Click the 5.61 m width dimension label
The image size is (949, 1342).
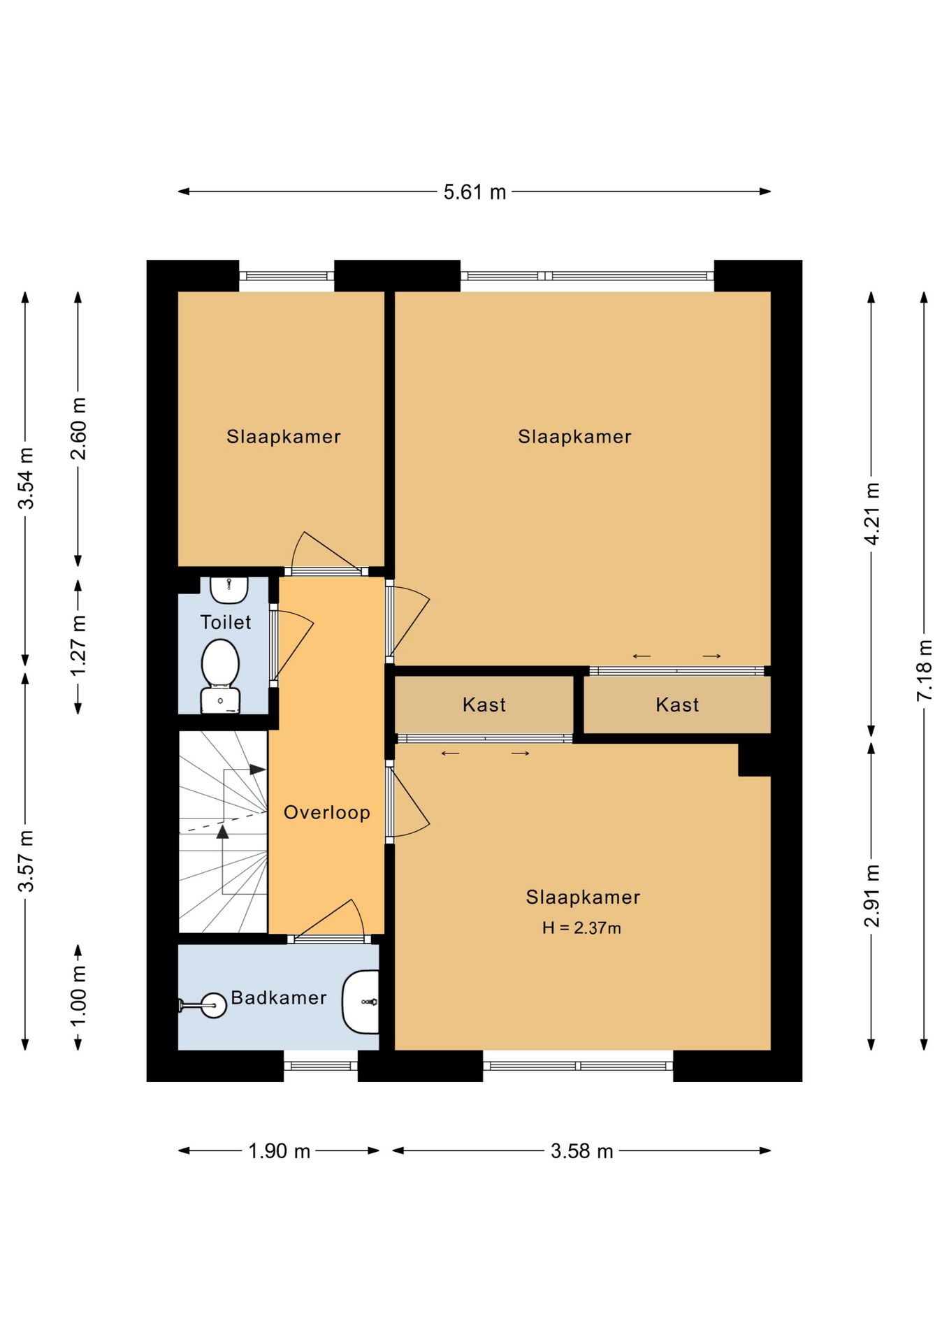point(474,192)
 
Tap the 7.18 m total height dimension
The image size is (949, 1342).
point(925,670)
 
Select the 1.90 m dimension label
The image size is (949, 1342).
point(279,1151)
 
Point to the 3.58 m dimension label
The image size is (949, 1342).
point(581,1151)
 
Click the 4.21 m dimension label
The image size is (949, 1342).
point(872,514)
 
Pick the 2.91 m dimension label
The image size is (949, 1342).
point(872,895)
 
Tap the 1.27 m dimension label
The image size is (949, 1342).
point(79,645)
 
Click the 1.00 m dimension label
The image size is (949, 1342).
point(79,996)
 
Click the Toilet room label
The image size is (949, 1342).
point(225,622)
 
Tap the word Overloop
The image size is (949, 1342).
point(326,812)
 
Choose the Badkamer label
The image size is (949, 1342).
point(278,997)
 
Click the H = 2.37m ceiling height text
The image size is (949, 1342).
point(581,928)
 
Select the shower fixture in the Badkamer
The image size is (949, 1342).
point(203,1005)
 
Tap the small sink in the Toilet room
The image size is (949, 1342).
point(229,590)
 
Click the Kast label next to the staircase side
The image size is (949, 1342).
point(484,705)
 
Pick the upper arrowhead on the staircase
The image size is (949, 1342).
point(257,770)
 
